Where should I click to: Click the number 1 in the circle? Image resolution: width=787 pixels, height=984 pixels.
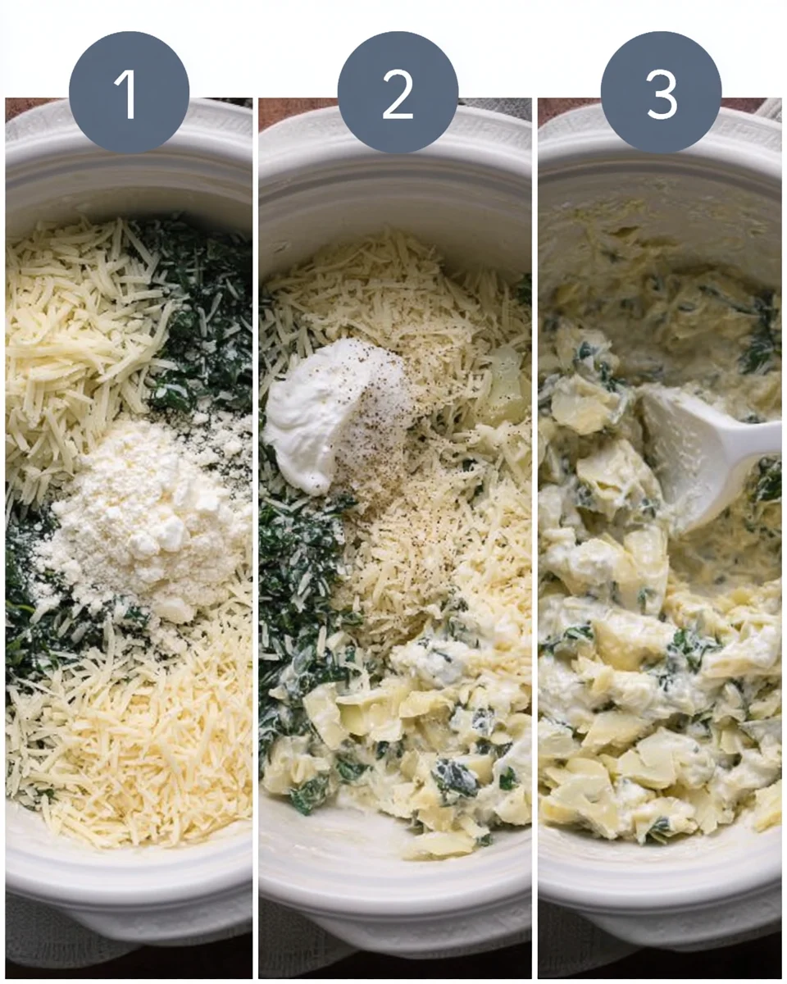pyautogui.click(x=129, y=93)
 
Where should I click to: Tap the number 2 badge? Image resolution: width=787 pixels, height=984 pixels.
pyautogui.click(x=398, y=93)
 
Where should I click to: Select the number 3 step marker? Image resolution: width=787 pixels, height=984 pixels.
pyautogui.click(x=662, y=93)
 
